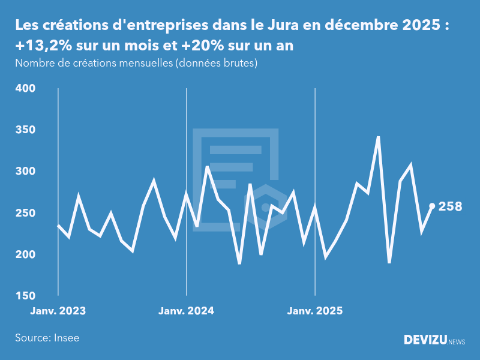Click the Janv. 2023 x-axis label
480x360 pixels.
(x=58, y=311)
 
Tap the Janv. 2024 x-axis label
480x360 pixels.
(x=187, y=311)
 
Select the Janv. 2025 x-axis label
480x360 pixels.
(x=316, y=311)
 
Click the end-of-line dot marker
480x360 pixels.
(x=432, y=206)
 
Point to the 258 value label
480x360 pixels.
(x=451, y=206)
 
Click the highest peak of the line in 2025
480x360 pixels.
(x=378, y=137)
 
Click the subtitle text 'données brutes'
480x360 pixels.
(x=216, y=63)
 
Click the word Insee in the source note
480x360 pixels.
(x=65, y=338)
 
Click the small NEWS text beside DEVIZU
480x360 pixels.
(x=457, y=342)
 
